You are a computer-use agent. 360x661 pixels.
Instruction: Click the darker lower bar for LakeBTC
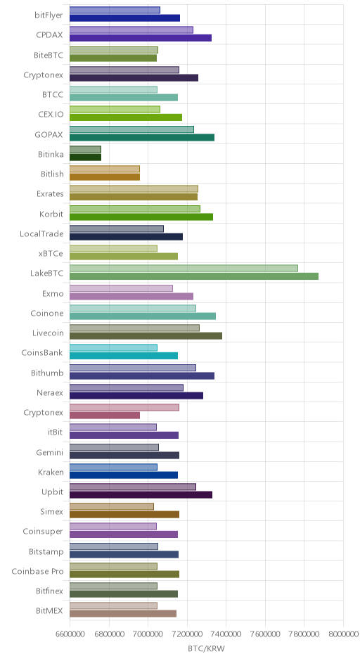194,276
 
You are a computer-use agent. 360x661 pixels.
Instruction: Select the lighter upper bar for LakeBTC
184,268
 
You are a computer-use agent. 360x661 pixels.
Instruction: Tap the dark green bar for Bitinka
85,158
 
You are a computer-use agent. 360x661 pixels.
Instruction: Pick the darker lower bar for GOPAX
142,137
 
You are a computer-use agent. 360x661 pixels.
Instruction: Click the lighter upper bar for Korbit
135,209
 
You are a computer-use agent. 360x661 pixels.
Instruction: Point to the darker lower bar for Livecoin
146,336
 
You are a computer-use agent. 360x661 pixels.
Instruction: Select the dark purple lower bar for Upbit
141,495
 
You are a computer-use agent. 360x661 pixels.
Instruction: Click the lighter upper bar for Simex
112,506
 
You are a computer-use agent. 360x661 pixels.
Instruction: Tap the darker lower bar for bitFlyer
124,18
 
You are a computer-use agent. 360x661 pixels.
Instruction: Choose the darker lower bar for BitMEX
123,614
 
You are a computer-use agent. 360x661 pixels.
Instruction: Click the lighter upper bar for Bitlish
105,169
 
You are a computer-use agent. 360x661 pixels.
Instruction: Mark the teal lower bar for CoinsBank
124,356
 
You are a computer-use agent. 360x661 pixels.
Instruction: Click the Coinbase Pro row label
37,572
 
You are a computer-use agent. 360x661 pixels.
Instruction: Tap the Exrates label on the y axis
50,194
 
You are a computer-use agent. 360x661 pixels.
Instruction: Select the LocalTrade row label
41,234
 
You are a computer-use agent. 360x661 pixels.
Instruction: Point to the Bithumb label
47,373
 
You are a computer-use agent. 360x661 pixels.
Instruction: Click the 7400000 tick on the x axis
226,634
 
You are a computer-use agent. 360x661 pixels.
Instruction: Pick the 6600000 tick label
70,634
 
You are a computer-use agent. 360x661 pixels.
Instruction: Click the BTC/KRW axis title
207,649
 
